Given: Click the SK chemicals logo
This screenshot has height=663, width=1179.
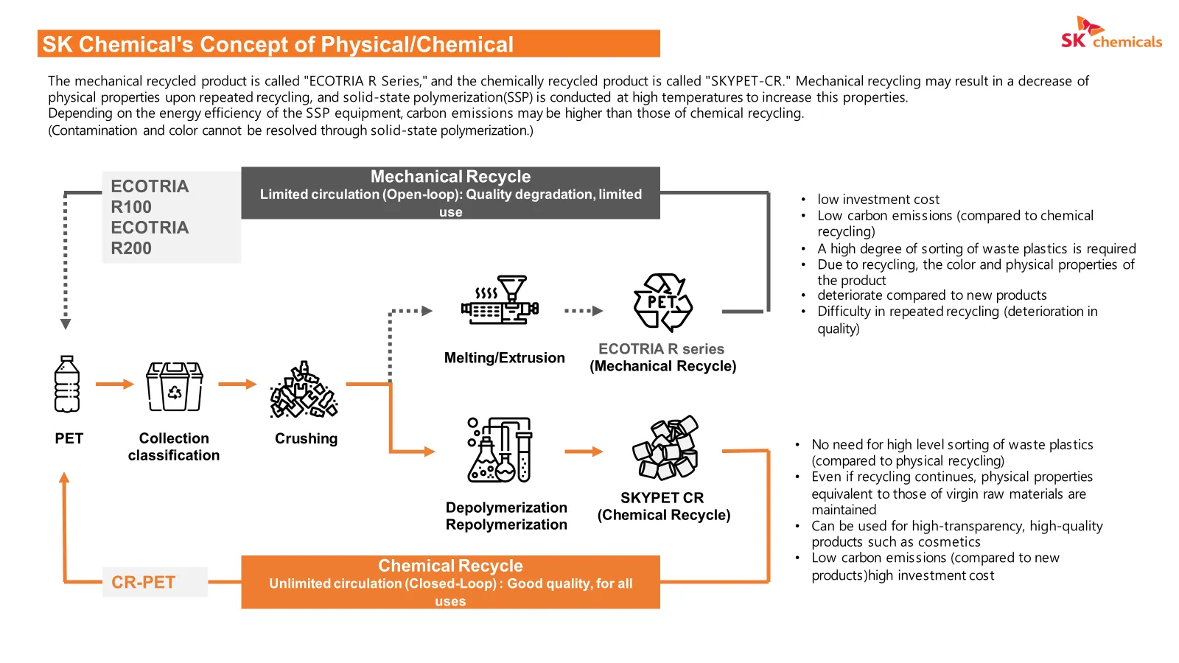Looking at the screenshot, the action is click(1111, 32).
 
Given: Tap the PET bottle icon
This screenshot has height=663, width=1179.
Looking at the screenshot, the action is click(67, 384).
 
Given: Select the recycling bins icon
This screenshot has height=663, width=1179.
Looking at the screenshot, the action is click(174, 386).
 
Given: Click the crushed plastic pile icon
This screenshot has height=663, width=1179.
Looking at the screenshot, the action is click(304, 390).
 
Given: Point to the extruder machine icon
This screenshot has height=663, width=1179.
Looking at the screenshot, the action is click(500, 300).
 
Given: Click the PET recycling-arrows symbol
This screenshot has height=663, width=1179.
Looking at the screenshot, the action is click(662, 303).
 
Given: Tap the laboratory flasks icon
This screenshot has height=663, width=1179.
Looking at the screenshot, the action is click(500, 450).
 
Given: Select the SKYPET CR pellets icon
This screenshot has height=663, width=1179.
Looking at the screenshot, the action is click(665, 447).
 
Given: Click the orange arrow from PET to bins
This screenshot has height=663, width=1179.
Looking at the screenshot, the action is click(115, 384).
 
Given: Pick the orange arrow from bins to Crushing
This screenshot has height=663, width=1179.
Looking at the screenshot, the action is click(237, 384).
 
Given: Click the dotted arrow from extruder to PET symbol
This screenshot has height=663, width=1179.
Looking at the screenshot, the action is click(584, 311).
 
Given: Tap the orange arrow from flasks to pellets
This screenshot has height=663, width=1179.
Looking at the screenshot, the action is click(584, 452).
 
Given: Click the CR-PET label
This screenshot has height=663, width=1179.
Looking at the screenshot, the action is click(143, 583).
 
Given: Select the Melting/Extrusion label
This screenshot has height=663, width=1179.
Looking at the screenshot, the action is click(504, 358).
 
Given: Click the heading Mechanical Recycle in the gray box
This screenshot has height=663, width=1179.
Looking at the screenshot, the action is click(450, 176).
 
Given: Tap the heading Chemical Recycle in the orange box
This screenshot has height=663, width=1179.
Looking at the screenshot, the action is click(450, 566).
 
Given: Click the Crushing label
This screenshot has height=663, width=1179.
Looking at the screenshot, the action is click(307, 438).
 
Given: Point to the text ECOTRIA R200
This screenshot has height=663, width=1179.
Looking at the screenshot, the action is click(150, 238).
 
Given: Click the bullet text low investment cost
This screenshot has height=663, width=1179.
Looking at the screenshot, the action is click(878, 200).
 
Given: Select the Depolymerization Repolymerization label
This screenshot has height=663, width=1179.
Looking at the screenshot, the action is click(506, 516).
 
